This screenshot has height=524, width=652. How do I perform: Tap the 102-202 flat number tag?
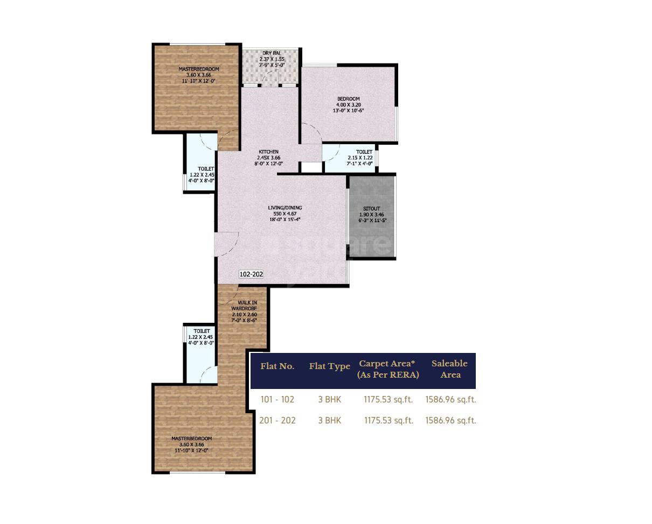(x=251, y=274)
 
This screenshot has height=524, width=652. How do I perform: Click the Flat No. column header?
(x=278, y=366)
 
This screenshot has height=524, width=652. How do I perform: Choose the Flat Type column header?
(x=329, y=366)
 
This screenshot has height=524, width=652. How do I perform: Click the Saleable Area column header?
(x=449, y=369)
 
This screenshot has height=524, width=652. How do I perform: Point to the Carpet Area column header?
(x=388, y=369)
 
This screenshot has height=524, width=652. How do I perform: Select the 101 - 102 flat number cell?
(x=278, y=399)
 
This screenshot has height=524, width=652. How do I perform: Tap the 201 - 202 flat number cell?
(x=278, y=421)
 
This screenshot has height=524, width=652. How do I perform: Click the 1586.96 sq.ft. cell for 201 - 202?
(x=450, y=421)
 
